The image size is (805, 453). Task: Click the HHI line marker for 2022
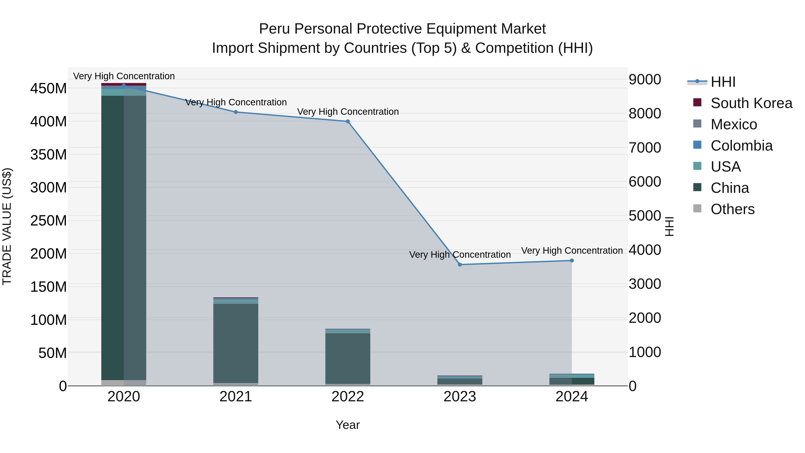click(x=347, y=121)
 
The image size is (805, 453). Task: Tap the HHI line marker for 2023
click(x=460, y=264)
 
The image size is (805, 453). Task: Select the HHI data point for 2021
click(x=236, y=112)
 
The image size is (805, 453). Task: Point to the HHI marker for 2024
click(x=572, y=260)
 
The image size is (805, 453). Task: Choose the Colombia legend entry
click(x=741, y=146)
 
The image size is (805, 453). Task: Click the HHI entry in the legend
click(x=723, y=82)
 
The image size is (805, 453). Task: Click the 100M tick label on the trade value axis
click(x=49, y=320)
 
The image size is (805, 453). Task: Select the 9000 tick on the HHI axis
click(x=645, y=79)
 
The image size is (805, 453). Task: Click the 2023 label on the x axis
click(x=460, y=397)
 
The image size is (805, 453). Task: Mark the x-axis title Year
click(x=347, y=425)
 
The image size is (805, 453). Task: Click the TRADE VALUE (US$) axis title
click(x=7, y=226)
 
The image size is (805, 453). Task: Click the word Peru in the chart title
click(x=275, y=29)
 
